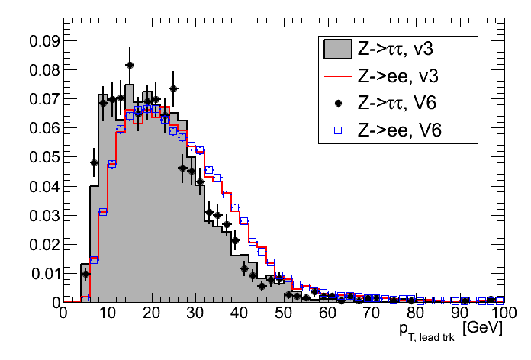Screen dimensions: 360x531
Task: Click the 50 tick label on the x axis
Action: [283, 313]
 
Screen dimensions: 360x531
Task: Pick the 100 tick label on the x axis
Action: [502, 313]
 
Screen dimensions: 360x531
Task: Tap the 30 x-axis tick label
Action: [195, 313]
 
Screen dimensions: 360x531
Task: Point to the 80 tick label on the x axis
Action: [415, 313]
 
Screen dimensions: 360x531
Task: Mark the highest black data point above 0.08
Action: [130, 66]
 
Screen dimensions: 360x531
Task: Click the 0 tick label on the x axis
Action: [63, 313]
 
